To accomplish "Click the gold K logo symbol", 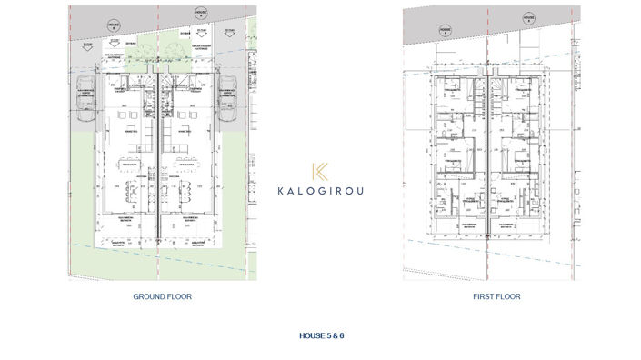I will pyautogui.click(x=319, y=172).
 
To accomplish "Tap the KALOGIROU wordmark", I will pyautogui.click(x=319, y=191).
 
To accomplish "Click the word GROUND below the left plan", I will pyautogui.click(x=149, y=296).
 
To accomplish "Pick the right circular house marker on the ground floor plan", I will pyautogui.click(x=199, y=14).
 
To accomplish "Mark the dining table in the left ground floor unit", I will pyautogui.click(x=128, y=165).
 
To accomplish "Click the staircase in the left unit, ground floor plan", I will pyautogui.click(x=151, y=100).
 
